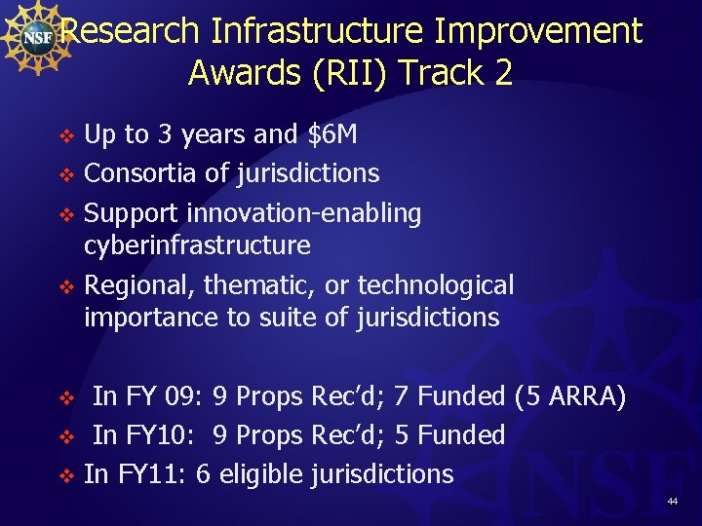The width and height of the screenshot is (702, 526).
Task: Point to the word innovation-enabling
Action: point(303,213)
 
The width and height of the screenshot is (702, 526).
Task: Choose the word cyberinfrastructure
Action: point(197,245)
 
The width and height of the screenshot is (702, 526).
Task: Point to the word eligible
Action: point(261,474)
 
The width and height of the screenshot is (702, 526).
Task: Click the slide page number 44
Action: point(672,502)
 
